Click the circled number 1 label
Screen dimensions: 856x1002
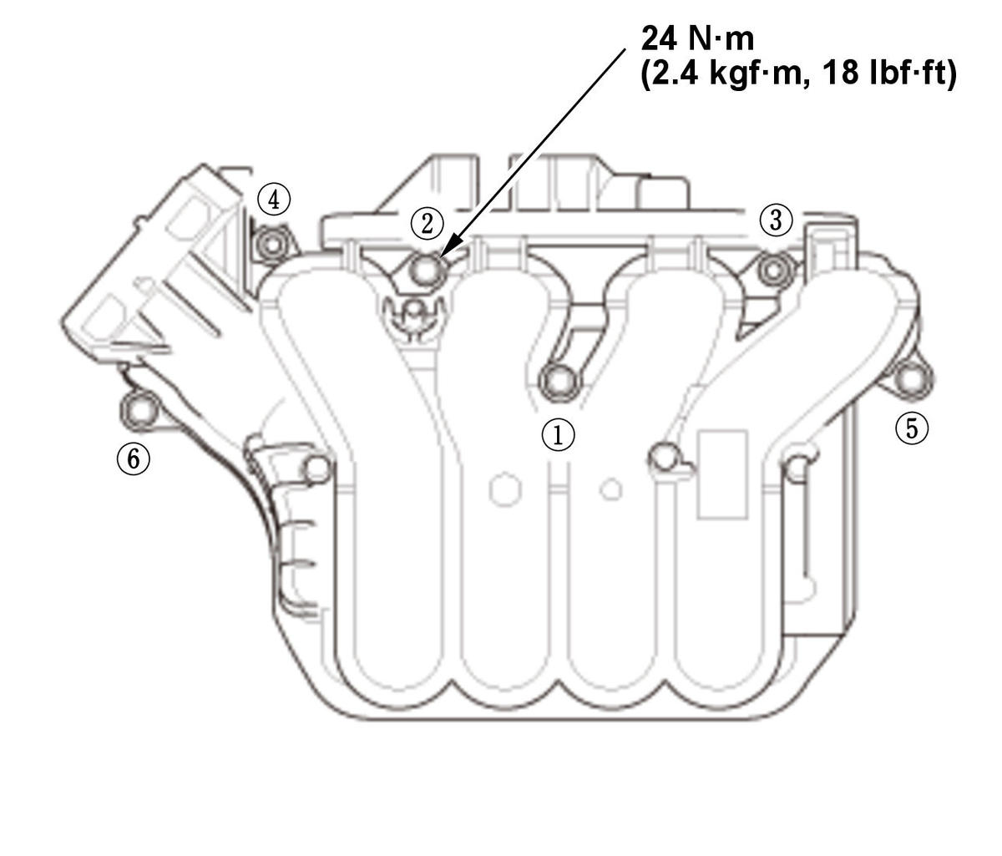(558, 434)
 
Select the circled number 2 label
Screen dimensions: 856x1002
(427, 223)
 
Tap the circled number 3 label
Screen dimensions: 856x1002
(776, 220)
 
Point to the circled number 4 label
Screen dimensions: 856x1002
(273, 200)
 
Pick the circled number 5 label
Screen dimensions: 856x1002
(911, 428)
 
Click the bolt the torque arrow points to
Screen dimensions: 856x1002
(427, 268)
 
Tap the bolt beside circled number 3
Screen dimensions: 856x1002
(775, 269)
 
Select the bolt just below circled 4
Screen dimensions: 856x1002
(271, 245)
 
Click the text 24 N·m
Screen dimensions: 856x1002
(697, 38)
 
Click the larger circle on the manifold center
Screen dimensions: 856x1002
(505, 489)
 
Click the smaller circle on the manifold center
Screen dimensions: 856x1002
(611, 489)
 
